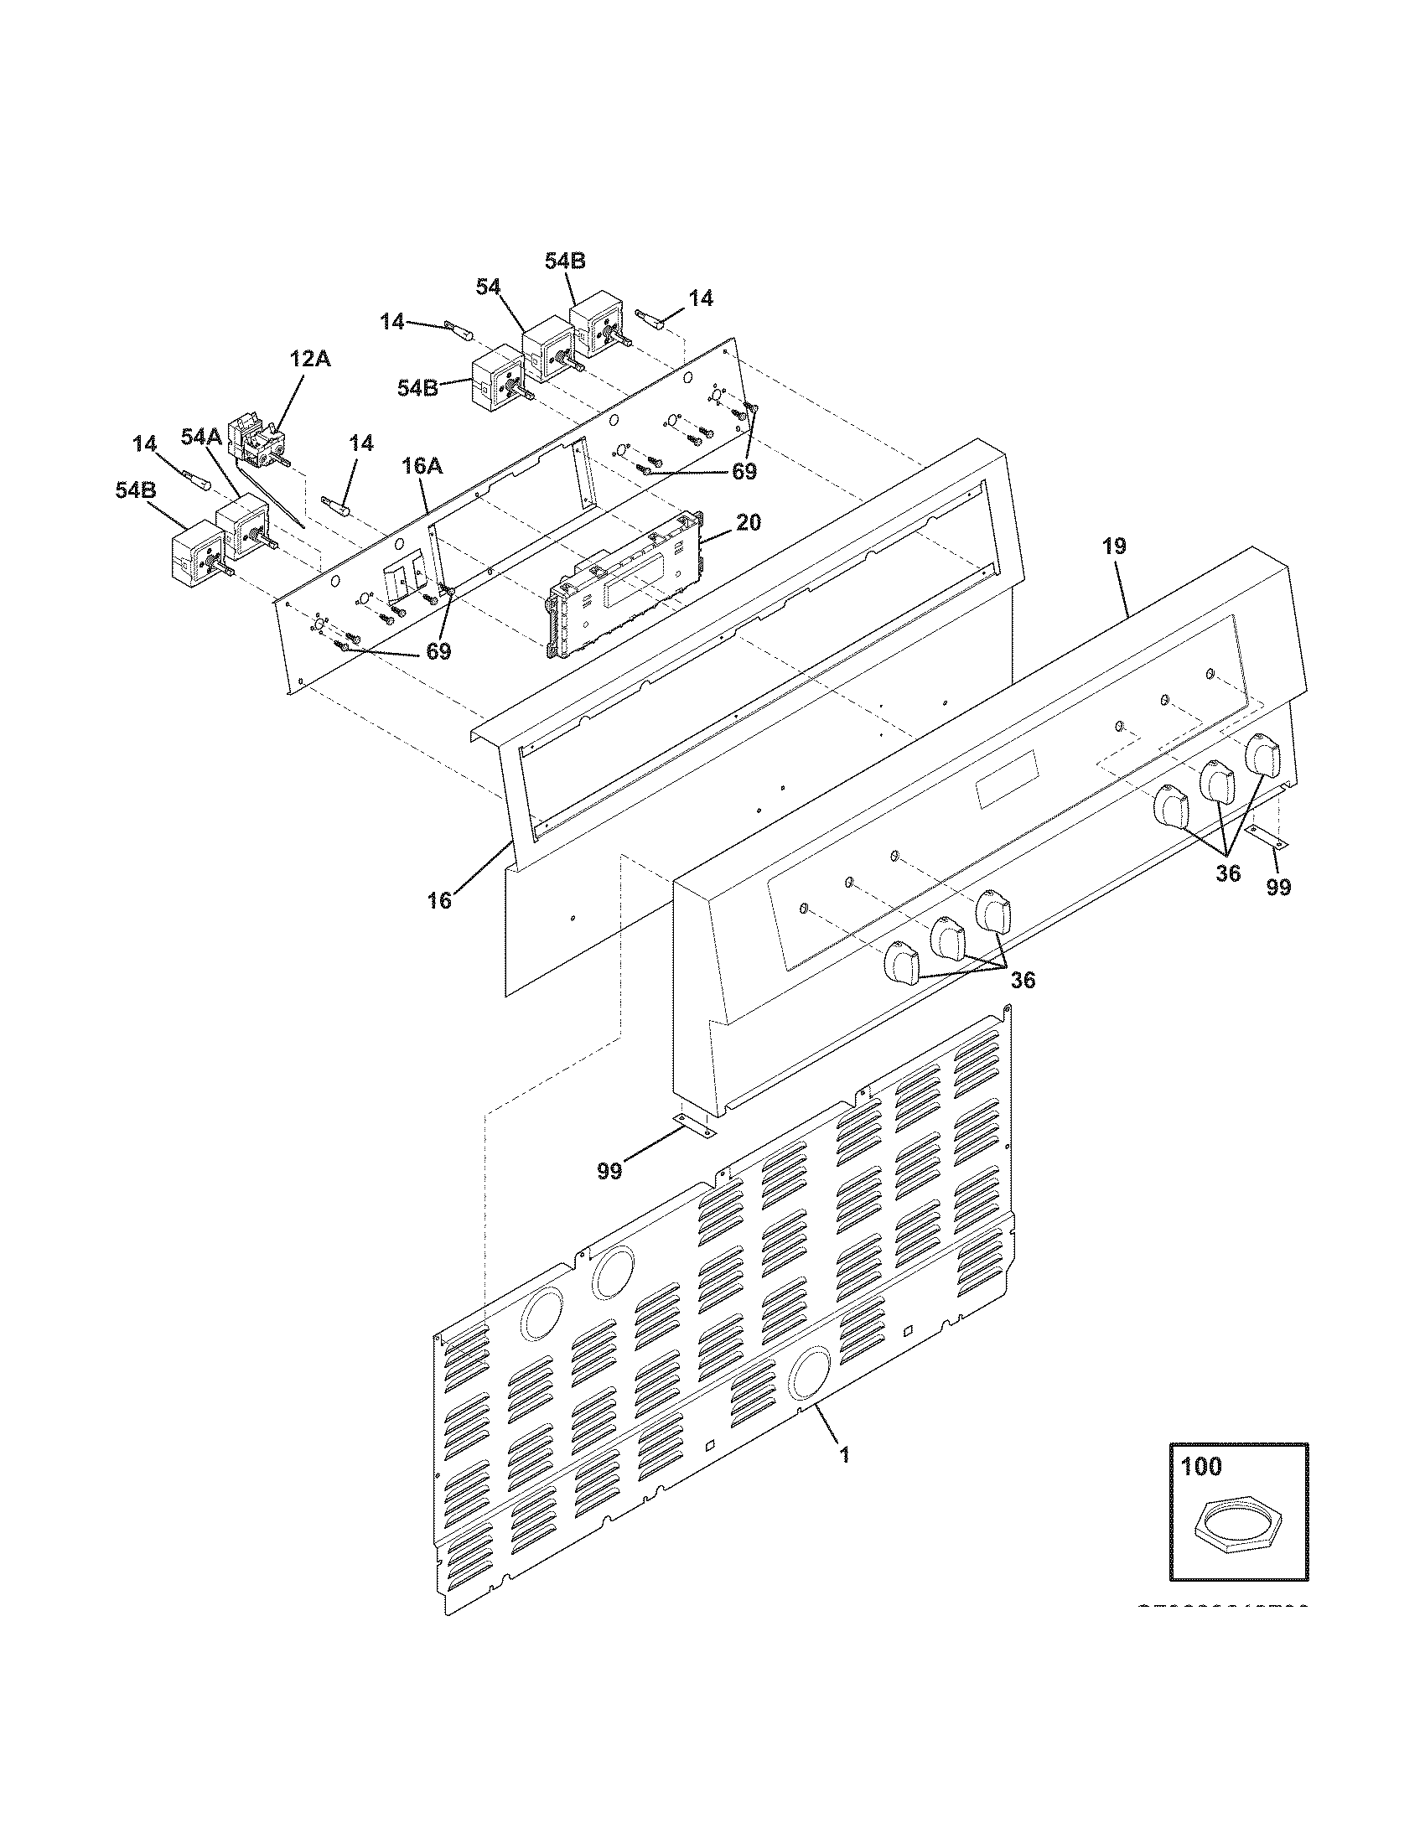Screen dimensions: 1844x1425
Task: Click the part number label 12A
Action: [x=310, y=359]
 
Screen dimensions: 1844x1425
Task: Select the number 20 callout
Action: [x=747, y=523]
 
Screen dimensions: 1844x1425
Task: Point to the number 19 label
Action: [x=1113, y=546]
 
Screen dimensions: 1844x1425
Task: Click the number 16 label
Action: [x=439, y=900]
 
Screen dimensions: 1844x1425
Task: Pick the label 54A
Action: [x=201, y=437]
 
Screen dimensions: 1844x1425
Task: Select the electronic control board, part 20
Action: [x=620, y=586]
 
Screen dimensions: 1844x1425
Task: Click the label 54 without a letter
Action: [x=488, y=287]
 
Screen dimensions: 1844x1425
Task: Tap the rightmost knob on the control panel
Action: [x=1264, y=754]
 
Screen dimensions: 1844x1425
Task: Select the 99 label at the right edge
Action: [x=1278, y=888]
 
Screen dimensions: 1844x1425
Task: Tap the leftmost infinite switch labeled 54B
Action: [x=194, y=552]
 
